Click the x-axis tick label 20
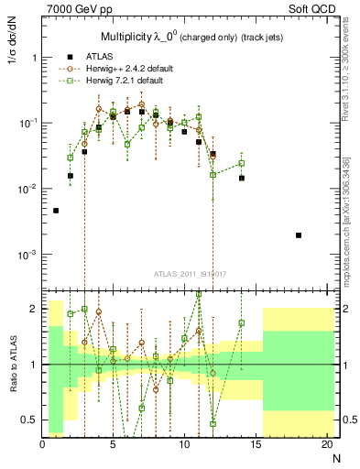(325, 446)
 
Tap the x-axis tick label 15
(255, 446)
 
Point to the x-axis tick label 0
(42, 446)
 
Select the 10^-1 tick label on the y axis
(27, 123)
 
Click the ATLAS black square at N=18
(299, 235)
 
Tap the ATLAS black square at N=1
(56, 211)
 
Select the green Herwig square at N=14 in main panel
(242, 164)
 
